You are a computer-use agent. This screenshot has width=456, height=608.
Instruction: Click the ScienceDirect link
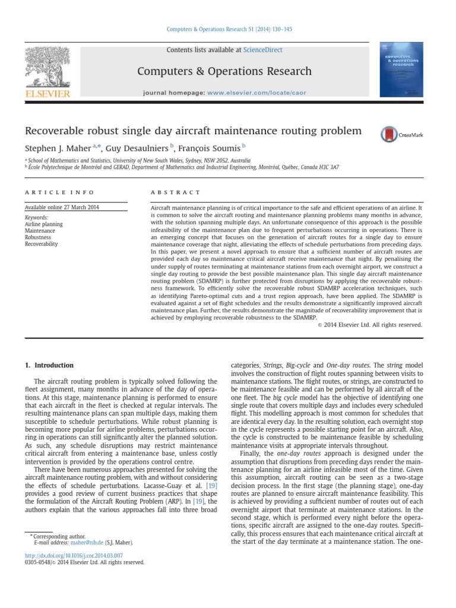tap(262, 50)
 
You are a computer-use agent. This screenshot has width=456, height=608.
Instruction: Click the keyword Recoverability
tap(42, 244)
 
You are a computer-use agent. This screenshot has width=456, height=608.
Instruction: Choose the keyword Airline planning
tap(43, 224)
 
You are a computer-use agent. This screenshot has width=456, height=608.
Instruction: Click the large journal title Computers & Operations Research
tap(224, 71)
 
